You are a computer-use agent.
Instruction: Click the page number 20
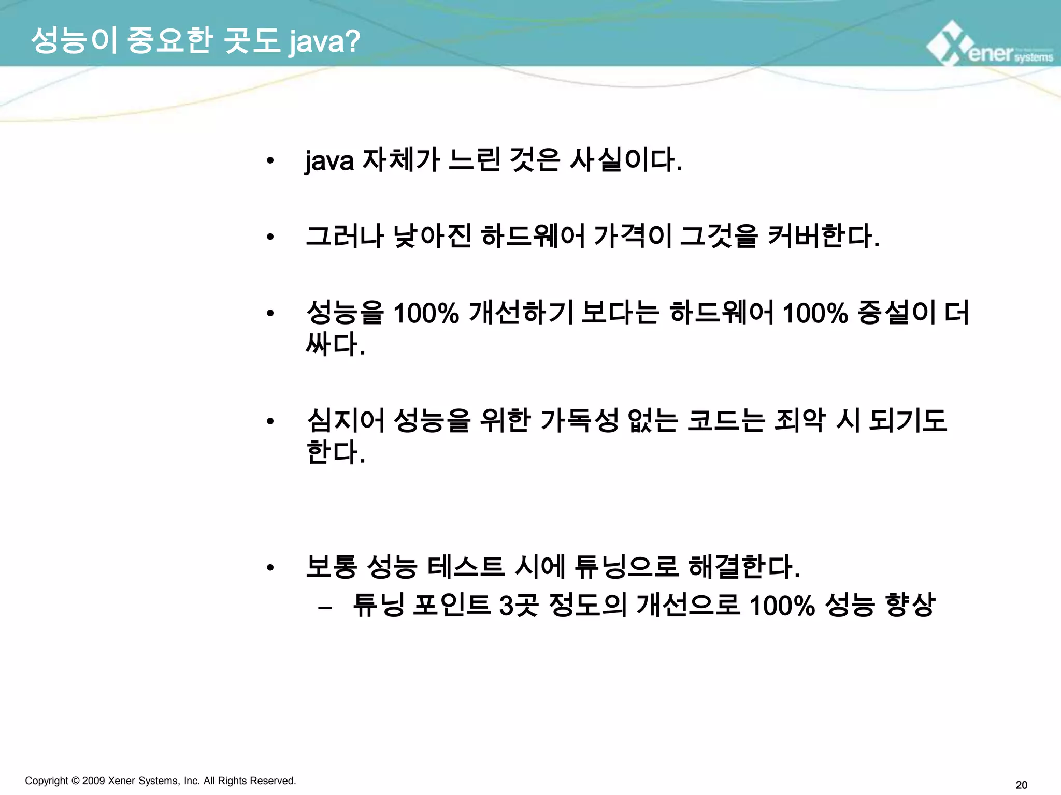[1021, 785]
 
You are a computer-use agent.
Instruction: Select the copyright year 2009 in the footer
[93, 781]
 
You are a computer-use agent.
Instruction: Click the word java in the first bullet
[329, 160]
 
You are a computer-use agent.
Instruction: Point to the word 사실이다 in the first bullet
[625, 159]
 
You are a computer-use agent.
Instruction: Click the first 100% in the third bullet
[426, 313]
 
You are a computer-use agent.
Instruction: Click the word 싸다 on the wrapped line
[335, 344]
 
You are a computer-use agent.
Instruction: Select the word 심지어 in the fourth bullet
[346, 420]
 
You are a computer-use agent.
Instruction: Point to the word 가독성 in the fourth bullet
[579, 420]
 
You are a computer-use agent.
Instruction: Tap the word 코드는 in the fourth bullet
[725, 420]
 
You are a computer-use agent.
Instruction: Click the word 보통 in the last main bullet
[331, 566]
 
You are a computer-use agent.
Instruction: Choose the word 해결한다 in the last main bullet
[743, 566]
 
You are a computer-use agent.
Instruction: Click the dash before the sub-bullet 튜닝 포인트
[325, 606]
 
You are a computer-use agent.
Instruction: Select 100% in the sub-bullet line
[781, 605]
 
